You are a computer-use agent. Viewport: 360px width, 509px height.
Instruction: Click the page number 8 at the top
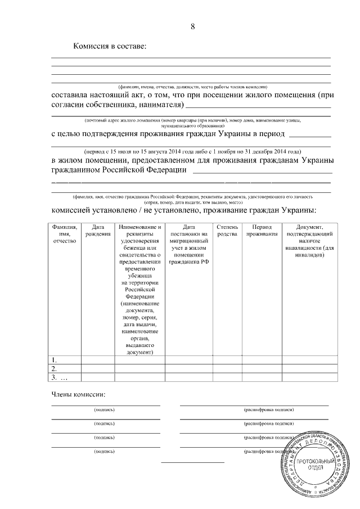[x=192, y=26]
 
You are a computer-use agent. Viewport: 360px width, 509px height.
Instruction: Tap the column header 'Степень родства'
[x=227, y=230]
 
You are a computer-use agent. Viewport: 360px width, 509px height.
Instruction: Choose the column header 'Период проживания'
[x=262, y=230]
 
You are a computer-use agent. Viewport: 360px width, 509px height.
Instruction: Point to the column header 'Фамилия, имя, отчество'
[x=64, y=233]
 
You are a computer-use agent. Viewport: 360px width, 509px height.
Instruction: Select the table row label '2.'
[x=55, y=368]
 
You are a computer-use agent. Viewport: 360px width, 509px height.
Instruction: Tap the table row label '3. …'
[x=58, y=377]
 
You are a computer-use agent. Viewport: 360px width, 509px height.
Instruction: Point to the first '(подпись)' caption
[x=105, y=410]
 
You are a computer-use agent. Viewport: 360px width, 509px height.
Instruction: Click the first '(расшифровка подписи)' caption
[x=269, y=410]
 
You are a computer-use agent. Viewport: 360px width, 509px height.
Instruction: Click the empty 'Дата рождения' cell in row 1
[x=98, y=360]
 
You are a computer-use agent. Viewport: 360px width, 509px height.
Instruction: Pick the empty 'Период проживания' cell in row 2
[x=262, y=368]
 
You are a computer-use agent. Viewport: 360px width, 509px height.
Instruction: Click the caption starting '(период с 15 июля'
[x=191, y=151]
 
